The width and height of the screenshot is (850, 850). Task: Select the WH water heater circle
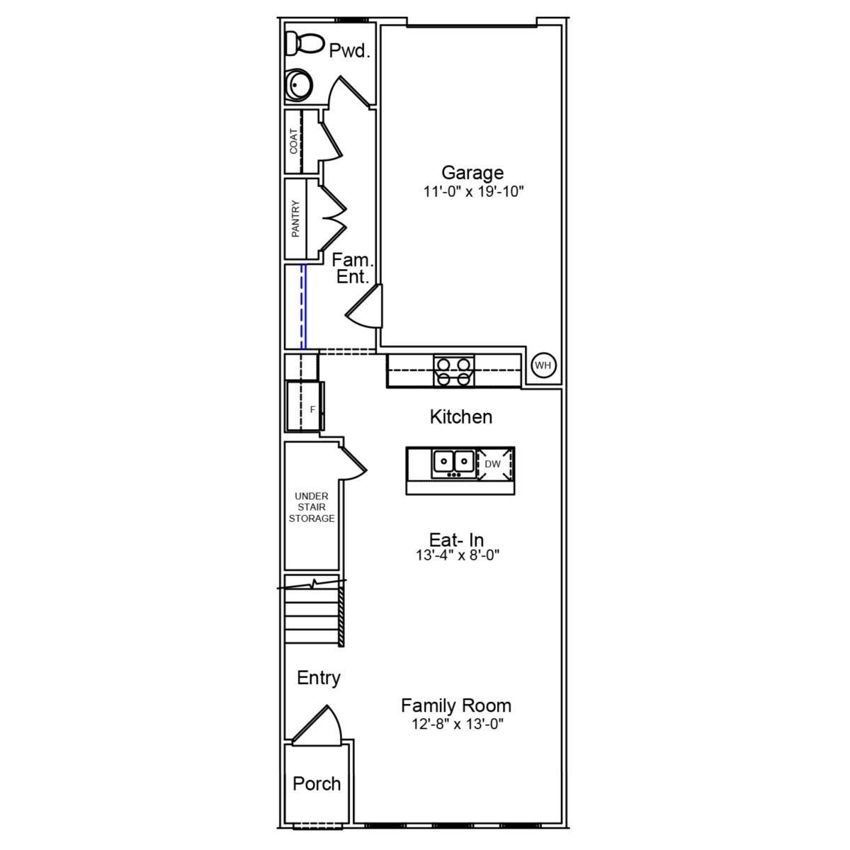(543, 365)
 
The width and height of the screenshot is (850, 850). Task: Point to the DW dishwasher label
(492, 465)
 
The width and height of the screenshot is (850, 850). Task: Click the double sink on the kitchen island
(453, 463)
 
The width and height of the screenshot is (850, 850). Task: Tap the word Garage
(472, 173)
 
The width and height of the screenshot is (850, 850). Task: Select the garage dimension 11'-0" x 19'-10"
(472, 192)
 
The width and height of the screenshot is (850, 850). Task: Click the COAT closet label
(294, 141)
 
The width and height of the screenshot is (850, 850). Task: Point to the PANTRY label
(295, 218)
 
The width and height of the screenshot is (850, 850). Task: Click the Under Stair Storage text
(312, 507)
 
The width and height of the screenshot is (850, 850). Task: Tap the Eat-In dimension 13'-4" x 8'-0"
(458, 556)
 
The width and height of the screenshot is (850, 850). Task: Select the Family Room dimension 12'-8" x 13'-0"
(456, 725)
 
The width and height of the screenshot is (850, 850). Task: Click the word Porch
(317, 784)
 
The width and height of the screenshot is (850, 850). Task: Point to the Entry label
(319, 678)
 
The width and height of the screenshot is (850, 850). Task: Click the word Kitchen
(460, 416)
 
